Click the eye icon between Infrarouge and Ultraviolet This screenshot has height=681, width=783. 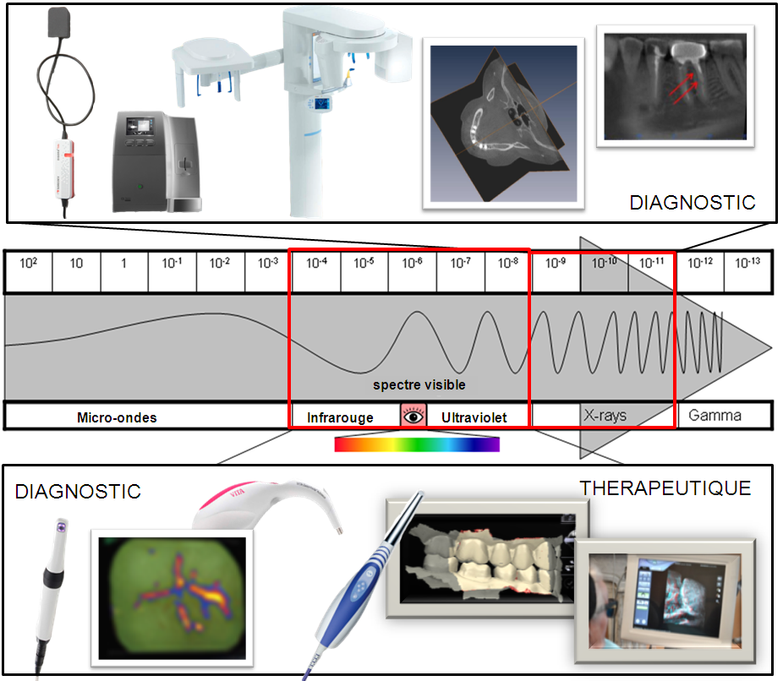(x=413, y=416)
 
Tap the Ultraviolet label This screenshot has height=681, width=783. (x=474, y=417)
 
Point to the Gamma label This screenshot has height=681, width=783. (x=715, y=415)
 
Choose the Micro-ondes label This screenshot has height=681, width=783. (x=117, y=417)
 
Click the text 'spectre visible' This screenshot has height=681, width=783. (x=419, y=384)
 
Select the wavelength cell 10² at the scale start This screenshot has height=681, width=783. (x=28, y=263)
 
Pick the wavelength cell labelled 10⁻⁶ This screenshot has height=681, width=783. (x=413, y=263)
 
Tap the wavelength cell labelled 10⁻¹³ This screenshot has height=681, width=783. (x=747, y=263)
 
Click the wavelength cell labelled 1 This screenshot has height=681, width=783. (x=123, y=263)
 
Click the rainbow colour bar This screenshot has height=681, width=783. (x=417, y=444)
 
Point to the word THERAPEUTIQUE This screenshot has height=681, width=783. (x=665, y=488)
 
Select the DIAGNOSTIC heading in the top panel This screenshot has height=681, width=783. (x=692, y=203)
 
